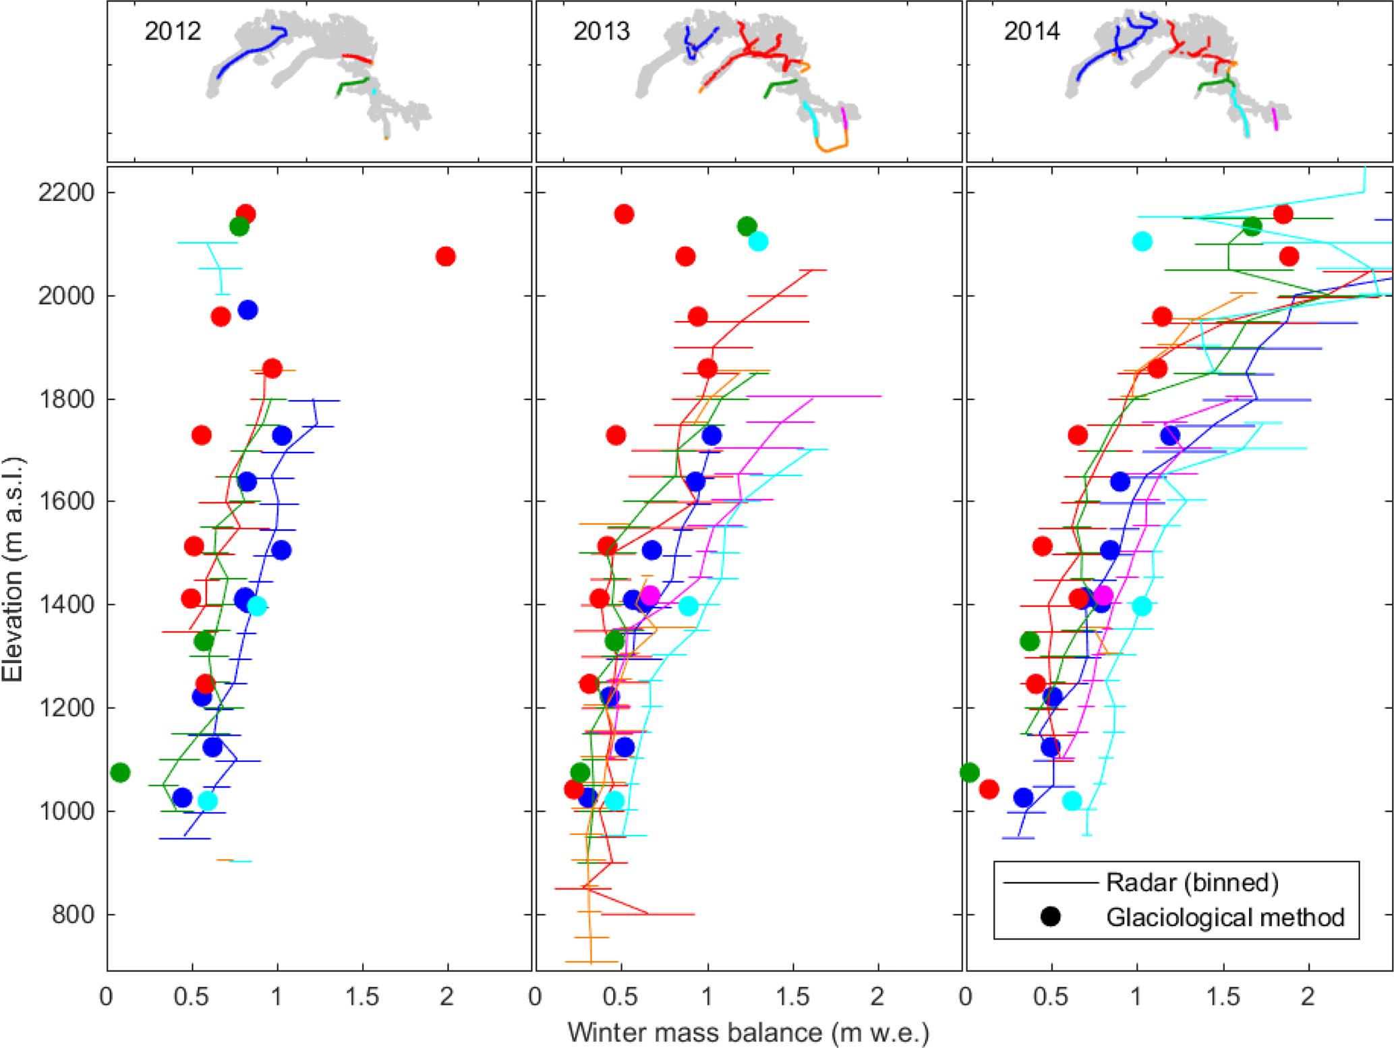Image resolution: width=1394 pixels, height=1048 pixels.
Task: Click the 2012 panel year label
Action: (173, 32)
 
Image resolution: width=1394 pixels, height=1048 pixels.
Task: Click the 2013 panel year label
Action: (602, 32)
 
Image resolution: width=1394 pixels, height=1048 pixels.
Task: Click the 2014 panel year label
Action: (1032, 32)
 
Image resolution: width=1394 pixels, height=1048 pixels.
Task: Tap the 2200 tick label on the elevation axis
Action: (66, 193)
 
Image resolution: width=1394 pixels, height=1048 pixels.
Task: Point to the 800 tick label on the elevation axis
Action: (73, 914)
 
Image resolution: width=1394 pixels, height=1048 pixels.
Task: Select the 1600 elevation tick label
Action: (66, 502)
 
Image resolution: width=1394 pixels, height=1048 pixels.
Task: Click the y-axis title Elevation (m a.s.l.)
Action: (13, 569)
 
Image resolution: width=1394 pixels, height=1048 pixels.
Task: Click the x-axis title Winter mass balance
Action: (748, 1032)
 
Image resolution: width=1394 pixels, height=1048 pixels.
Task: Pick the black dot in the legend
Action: (1050, 916)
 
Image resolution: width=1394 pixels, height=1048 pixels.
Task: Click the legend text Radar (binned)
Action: (1192, 882)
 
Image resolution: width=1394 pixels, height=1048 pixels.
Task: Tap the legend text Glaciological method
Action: (1225, 917)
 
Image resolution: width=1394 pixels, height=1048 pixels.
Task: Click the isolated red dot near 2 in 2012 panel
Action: (445, 256)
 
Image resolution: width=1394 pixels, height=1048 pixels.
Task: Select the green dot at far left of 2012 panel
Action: (120, 772)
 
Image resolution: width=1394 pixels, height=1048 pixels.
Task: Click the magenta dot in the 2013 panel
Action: (649, 596)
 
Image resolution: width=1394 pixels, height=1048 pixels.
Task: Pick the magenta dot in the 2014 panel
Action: (1103, 596)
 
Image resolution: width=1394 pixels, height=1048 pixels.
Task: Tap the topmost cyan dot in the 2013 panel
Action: (758, 241)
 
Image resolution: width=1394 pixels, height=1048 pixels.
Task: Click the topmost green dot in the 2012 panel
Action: (239, 227)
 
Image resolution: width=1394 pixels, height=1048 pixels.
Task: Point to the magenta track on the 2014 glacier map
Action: (1275, 119)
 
